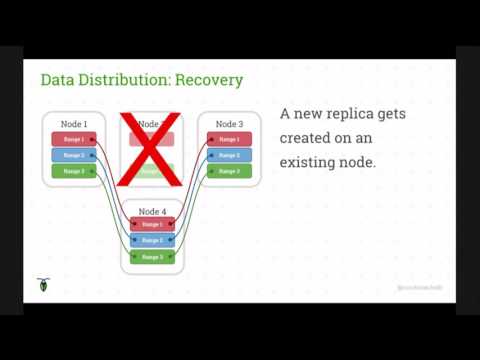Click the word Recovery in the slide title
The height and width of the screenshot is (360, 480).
(x=209, y=79)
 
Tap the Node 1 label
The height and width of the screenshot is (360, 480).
(x=74, y=124)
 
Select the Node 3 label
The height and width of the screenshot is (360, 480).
(x=229, y=124)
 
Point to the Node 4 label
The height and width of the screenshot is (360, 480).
(x=152, y=211)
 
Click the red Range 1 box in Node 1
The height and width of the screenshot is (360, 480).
(x=74, y=140)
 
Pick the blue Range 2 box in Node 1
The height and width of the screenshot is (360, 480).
(x=74, y=155)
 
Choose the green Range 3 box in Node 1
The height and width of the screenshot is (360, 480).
(x=74, y=171)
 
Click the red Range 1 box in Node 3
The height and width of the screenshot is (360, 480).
(x=229, y=140)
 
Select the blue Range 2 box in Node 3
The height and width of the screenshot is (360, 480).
(x=229, y=155)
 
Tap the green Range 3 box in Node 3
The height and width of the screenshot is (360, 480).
(x=229, y=171)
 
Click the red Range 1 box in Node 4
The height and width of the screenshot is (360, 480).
(x=152, y=224)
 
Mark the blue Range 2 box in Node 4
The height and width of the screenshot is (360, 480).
(x=152, y=240)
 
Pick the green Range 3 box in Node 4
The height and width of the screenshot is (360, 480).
(x=152, y=257)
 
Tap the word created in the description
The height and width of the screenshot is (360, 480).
(x=307, y=137)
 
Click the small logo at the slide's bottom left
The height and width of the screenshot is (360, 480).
(x=43, y=286)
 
